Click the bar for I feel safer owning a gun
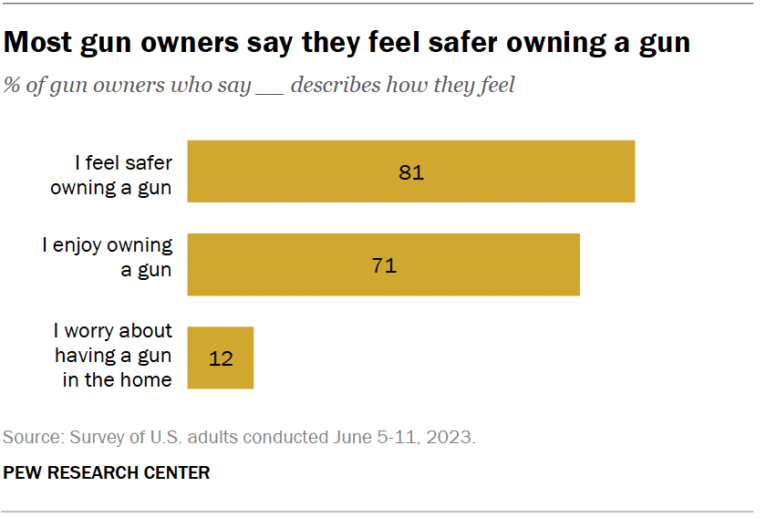pyautogui.click(x=410, y=171)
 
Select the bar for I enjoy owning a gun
pyautogui.click(x=383, y=264)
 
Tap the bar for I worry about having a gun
pyautogui.click(x=220, y=357)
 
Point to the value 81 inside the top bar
pyautogui.click(x=411, y=171)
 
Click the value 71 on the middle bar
pyautogui.click(x=384, y=265)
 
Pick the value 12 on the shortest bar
pyautogui.click(x=221, y=358)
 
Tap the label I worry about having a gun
pyautogui.click(x=113, y=356)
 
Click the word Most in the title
pyautogui.click(x=40, y=42)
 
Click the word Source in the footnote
pyautogui.click(x=30, y=438)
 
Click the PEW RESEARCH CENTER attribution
pyautogui.click(x=108, y=473)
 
